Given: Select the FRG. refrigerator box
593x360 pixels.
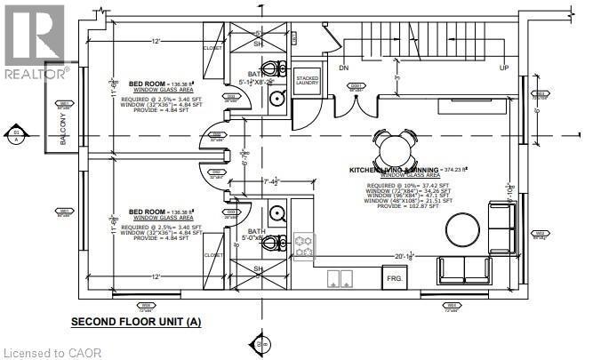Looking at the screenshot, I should [394, 278].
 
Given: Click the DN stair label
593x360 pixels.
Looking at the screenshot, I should [343, 68].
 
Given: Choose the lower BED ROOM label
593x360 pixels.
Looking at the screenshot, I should [148, 212].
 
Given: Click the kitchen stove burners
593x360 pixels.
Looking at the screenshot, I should [304, 246].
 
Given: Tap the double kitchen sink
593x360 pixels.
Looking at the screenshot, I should [339, 279].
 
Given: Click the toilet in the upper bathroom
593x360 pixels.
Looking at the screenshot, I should [276, 69].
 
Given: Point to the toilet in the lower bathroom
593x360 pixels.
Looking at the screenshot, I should [277, 244].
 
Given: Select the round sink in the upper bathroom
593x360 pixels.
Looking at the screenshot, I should [277, 99].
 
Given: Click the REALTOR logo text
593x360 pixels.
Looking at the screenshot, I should [35, 72].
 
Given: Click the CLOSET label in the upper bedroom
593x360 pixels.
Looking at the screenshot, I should [212, 48].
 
